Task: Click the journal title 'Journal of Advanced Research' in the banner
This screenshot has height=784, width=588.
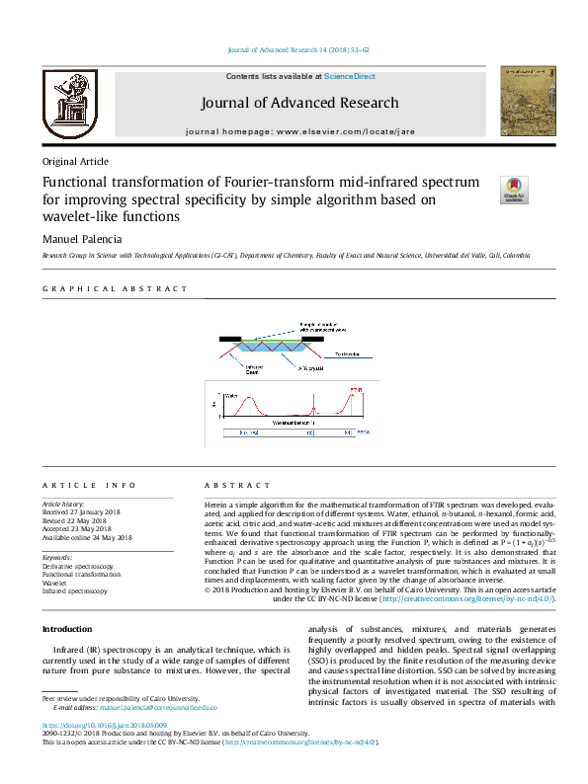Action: click(299, 103)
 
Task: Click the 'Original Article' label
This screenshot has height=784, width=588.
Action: click(75, 162)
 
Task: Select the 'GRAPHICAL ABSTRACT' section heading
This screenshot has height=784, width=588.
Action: click(115, 288)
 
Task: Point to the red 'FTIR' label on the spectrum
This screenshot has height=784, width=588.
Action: click(357, 390)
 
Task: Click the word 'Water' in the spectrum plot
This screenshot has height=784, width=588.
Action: click(233, 396)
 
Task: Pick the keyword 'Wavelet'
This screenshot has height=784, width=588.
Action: click(55, 582)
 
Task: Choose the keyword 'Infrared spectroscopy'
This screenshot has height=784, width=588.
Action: click(74, 590)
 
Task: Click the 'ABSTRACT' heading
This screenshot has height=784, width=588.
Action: click(237, 486)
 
